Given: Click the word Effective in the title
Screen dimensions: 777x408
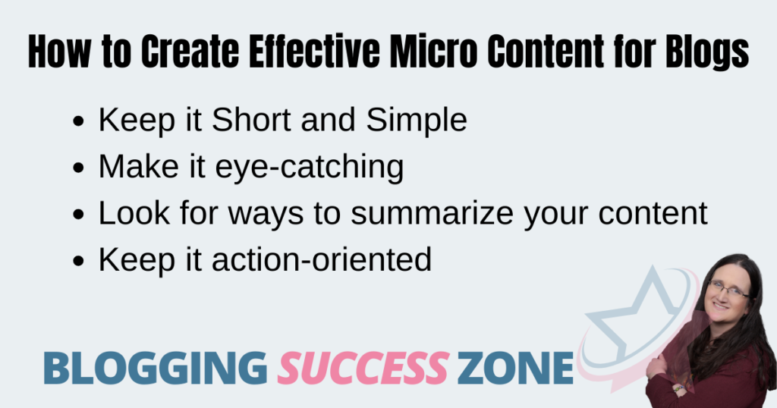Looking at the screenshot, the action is click(x=314, y=51).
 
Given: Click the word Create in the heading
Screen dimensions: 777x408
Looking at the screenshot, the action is click(x=190, y=51).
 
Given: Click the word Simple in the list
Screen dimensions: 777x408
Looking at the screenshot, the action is click(x=417, y=121).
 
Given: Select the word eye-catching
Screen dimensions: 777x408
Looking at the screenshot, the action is click(x=310, y=167).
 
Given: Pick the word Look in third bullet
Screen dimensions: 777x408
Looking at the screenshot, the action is click(x=134, y=213).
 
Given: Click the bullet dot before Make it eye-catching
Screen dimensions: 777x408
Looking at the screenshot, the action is click(x=78, y=168).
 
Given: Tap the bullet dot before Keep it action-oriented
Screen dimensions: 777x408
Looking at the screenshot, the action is click(x=78, y=260).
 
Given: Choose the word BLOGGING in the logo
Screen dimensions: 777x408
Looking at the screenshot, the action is click(x=156, y=367).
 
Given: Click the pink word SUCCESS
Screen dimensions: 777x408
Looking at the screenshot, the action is click(x=363, y=367).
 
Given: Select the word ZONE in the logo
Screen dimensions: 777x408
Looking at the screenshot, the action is click(x=515, y=367).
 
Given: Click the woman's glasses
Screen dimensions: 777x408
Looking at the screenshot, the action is click(x=728, y=289).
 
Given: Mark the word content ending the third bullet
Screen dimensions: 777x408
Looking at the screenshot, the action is click(x=653, y=213).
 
